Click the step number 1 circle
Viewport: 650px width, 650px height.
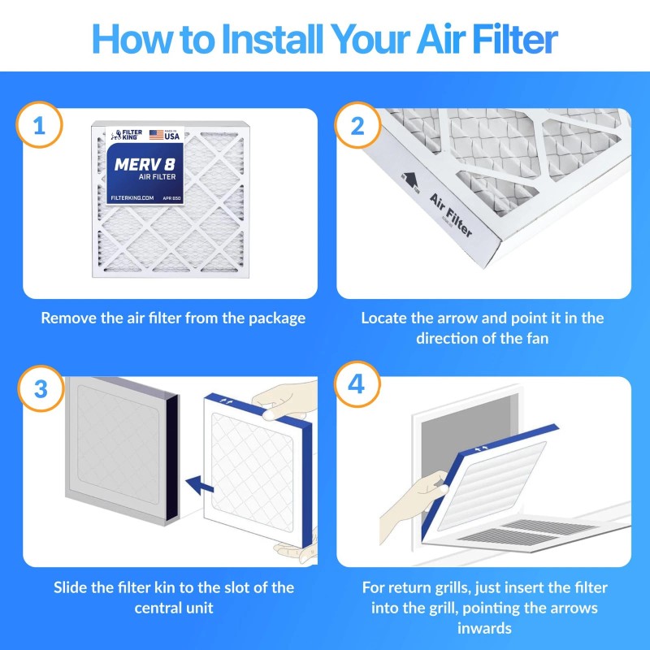click(x=39, y=125)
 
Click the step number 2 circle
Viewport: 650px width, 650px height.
click(x=356, y=125)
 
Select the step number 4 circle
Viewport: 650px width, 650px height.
click(x=356, y=383)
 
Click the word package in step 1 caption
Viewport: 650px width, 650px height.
click(x=273, y=318)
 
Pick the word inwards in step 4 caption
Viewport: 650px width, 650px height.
click(x=483, y=628)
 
